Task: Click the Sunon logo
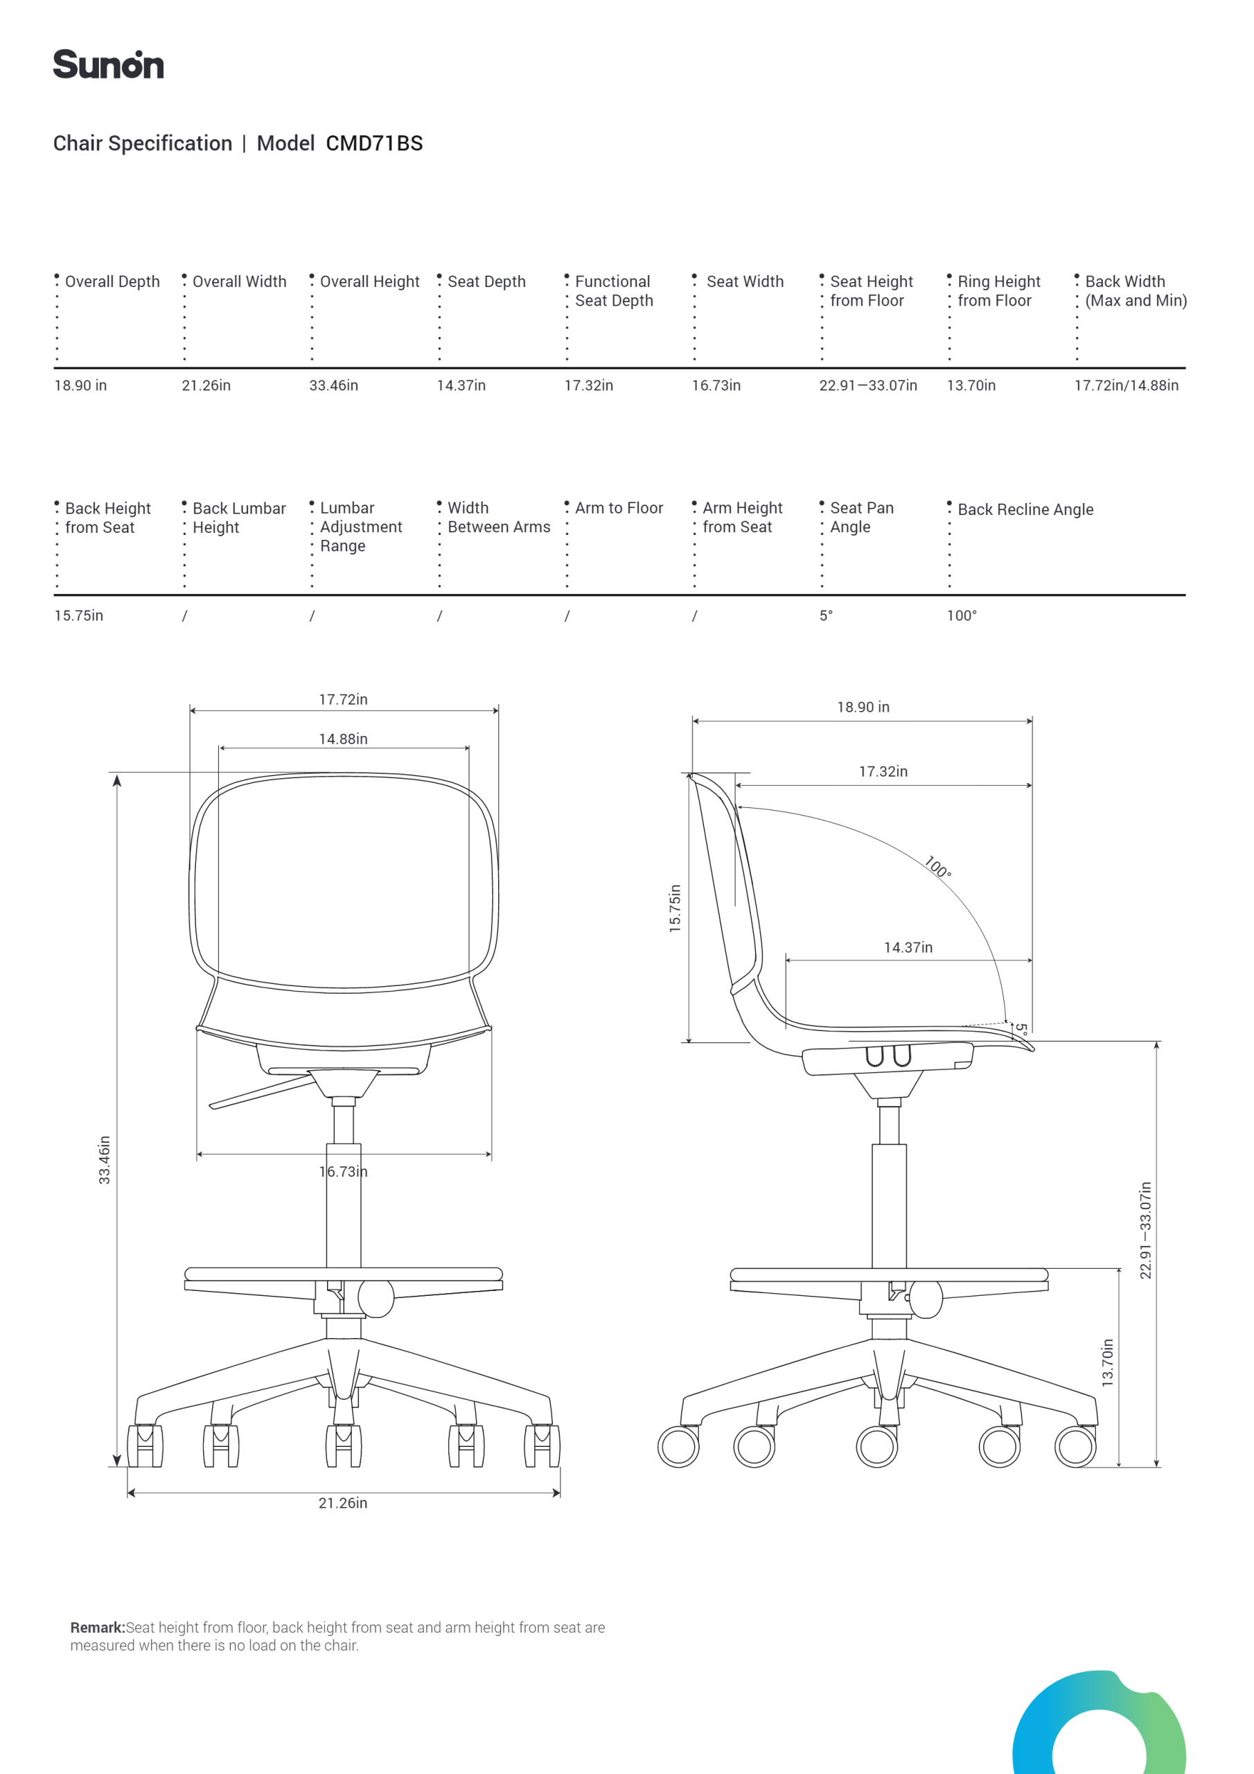click(108, 64)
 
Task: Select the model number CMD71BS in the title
click(374, 143)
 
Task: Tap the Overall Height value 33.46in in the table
click(334, 385)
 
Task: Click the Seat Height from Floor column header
click(872, 291)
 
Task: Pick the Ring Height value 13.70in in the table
click(971, 385)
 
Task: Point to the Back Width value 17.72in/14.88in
click(1127, 385)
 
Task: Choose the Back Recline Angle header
click(1025, 510)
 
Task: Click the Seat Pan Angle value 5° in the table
click(826, 616)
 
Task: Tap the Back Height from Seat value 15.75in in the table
click(79, 616)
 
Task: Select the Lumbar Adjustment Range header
click(361, 527)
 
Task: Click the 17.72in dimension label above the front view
click(343, 699)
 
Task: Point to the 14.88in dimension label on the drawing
click(343, 739)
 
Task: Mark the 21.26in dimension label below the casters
click(343, 1503)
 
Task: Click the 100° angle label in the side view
click(938, 867)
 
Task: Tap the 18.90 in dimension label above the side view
click(863, 707)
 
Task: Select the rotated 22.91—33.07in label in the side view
click(1145, 1230)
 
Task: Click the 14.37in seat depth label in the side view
click(908, 947)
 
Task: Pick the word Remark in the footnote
click(98, 1627)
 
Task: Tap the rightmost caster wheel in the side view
click(1075, 1446)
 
